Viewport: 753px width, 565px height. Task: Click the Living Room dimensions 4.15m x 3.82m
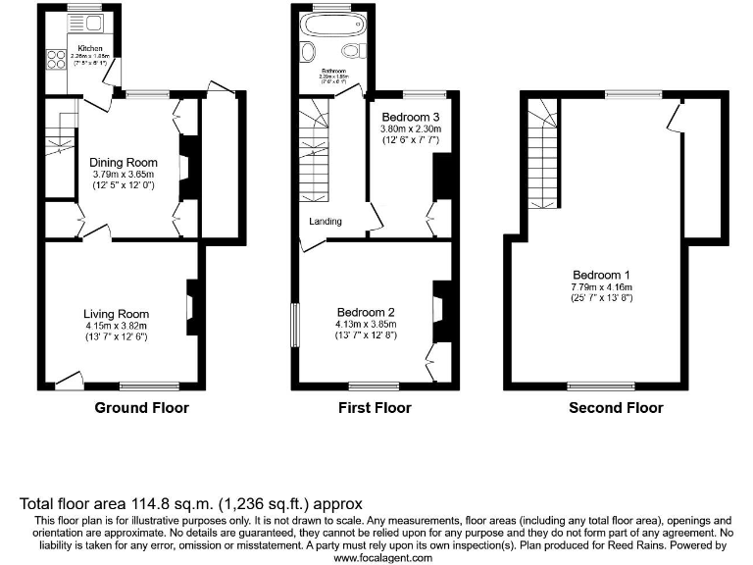(116, 326)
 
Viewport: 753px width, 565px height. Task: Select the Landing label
(326, 222)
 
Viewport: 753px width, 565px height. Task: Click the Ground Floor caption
(141, 408)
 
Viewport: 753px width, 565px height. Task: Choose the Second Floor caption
(616, 408)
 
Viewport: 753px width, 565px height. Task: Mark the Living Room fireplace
(192, 301)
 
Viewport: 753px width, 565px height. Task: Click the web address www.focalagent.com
(382, 557)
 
